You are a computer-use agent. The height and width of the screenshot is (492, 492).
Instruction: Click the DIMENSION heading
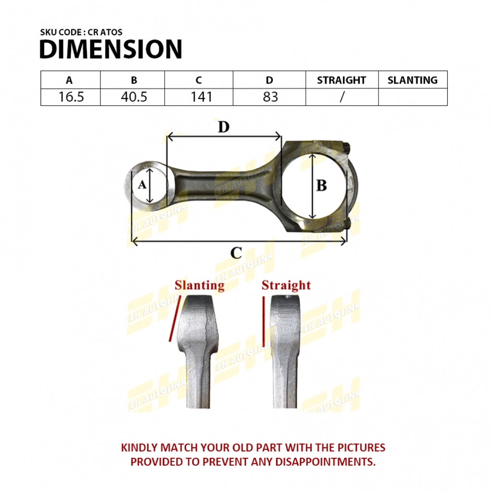111,49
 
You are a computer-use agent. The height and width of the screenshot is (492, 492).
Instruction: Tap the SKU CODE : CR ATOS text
81,32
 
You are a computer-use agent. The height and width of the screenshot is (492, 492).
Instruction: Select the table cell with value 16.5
71,97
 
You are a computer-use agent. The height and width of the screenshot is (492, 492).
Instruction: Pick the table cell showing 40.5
134,97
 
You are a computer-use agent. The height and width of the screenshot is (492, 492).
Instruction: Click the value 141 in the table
201,97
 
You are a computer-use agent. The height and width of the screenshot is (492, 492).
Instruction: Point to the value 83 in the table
270,97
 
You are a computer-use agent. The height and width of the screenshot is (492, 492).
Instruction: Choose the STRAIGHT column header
342,80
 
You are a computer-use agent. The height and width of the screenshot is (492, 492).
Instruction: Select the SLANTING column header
412,80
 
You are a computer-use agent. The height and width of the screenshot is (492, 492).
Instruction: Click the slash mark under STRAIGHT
342,97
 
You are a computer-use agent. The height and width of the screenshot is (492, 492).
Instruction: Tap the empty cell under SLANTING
413,97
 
